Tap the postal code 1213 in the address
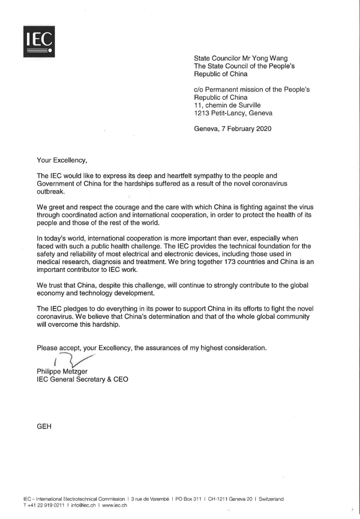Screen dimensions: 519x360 202,113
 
